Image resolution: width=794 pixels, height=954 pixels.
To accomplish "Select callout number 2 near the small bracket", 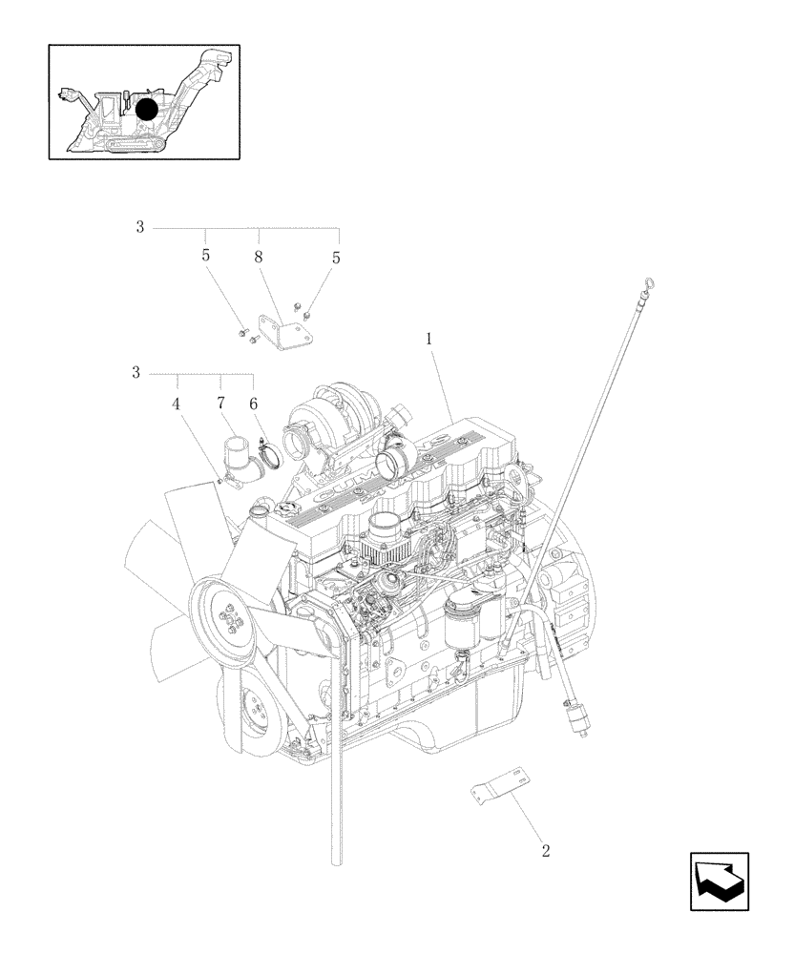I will click(546, 850).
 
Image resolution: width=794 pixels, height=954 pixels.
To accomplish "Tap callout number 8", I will click(259, 257).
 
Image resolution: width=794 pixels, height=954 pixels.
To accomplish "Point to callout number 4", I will click(176, 404).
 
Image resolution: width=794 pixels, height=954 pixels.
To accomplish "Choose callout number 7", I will click(220, 404).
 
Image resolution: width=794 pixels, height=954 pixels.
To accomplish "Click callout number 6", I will click(254, 404).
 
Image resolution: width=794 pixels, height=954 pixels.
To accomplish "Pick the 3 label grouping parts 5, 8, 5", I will click(139, 227).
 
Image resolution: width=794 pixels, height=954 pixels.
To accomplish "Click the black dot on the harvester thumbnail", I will click(146, 110).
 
